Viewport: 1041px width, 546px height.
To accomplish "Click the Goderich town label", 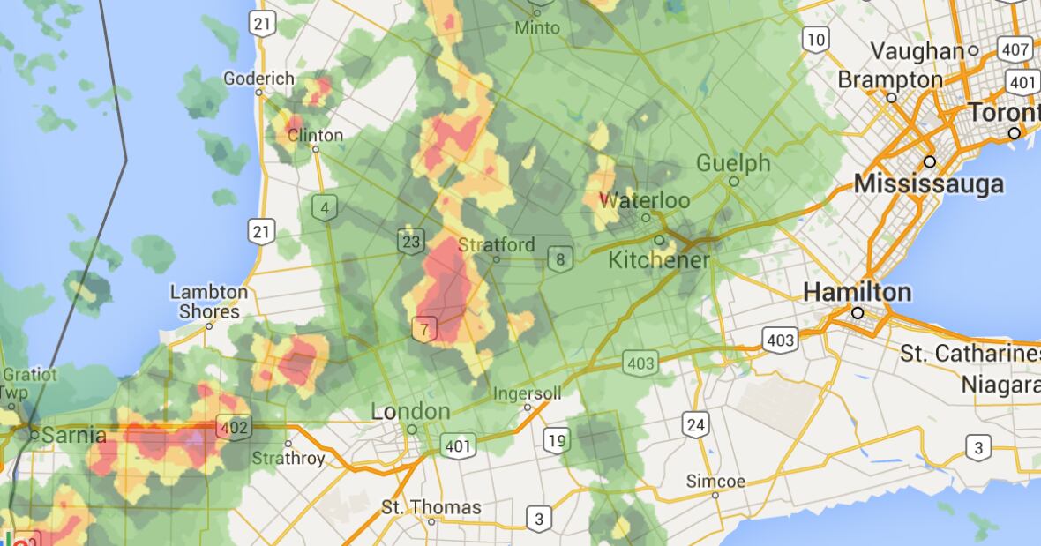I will click(x=258, y=79).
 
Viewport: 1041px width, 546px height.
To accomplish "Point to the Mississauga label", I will click(x=929, y=184).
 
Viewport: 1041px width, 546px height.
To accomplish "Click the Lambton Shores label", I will click(x=209, y=302).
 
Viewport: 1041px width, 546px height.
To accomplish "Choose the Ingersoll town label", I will click(x=527, y=393).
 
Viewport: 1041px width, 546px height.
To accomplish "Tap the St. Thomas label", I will click(x=431, y=507).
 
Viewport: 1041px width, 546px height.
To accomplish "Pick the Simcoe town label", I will click(x=715, y=482).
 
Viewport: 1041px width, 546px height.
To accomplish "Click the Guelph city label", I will click(x=733, y=163).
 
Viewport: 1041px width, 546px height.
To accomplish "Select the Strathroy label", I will click(x=288, y=459).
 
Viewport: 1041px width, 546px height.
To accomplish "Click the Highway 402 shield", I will click(x=234, y=428).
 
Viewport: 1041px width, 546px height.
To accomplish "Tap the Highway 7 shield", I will click(x=424, y=330).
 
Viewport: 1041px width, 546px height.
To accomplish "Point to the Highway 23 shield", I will click(x=410, y=242).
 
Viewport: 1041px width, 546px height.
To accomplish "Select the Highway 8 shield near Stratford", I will click(x=559, y=259).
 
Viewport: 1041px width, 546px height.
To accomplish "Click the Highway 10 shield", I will click(x=816, y=39).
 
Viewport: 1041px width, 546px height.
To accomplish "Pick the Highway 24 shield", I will click(x=695, y=425).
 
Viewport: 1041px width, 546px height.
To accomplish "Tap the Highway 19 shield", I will click(x=556, y=440).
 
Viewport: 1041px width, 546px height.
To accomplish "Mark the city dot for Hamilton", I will click(x=857, y=313).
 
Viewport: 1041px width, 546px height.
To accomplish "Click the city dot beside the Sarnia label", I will click(x=34, y=434).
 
